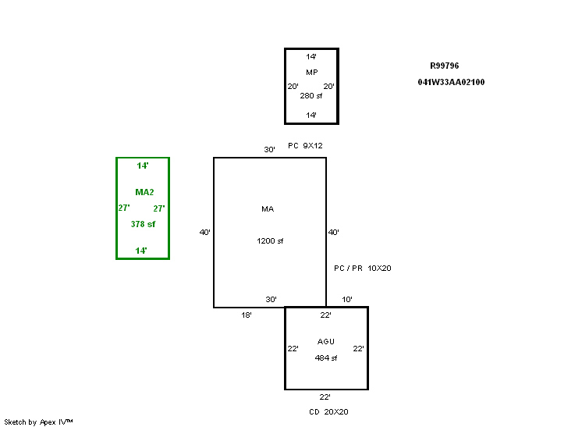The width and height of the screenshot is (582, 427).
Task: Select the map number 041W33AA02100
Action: click(x=451, y=82)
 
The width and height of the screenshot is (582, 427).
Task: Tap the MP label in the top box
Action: click(x=311, y=73)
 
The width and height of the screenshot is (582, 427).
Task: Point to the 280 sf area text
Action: click(x=311, y=96)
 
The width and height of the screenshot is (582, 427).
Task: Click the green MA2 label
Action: click(x=144, y=192)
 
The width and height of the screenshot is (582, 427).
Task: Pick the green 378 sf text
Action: click(x=143, y=224)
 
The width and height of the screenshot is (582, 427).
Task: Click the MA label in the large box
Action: click(x=268, y=209)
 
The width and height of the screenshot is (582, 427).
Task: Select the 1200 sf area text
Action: click(x=270, y=241)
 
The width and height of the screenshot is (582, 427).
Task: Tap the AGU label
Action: click(x=326, y=342)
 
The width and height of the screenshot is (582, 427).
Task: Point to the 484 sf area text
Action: click(x=326, y=358)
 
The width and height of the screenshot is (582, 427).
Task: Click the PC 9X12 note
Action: click(x=305, y=146)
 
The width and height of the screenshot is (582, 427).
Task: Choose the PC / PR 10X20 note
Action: click(x=362, y=269)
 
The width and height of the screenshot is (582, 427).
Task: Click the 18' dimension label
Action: click(x=246, y=315)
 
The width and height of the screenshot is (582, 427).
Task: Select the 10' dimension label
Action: click(x=347, y=300)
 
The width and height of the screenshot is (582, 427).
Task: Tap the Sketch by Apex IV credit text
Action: click(x=39, y=422)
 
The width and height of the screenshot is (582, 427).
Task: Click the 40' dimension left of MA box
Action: click(x=204, y=233)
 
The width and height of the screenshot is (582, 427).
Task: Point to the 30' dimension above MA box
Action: click(x=269, y=150)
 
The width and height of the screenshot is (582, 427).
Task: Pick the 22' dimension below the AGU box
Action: click(x=325, y=397)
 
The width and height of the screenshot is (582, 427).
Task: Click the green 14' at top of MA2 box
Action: click(x=142, y=166)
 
